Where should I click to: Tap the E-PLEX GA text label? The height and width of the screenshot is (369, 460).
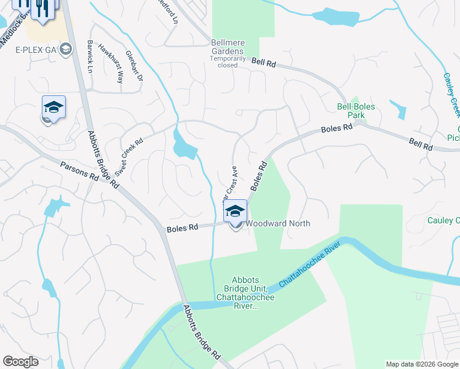coord(36,50)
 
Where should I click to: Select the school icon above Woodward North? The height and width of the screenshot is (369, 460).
coord(235,211)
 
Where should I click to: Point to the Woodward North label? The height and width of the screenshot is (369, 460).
coord(278,224)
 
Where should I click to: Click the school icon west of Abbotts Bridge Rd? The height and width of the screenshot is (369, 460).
coord(54,107)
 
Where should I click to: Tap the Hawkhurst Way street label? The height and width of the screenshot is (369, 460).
coord(111,67)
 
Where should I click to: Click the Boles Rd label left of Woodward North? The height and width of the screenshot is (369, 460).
coord(182,228)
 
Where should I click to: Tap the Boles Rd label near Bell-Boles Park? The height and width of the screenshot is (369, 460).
coord(336,129)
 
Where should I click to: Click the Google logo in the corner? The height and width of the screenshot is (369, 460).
coord(20,362)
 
